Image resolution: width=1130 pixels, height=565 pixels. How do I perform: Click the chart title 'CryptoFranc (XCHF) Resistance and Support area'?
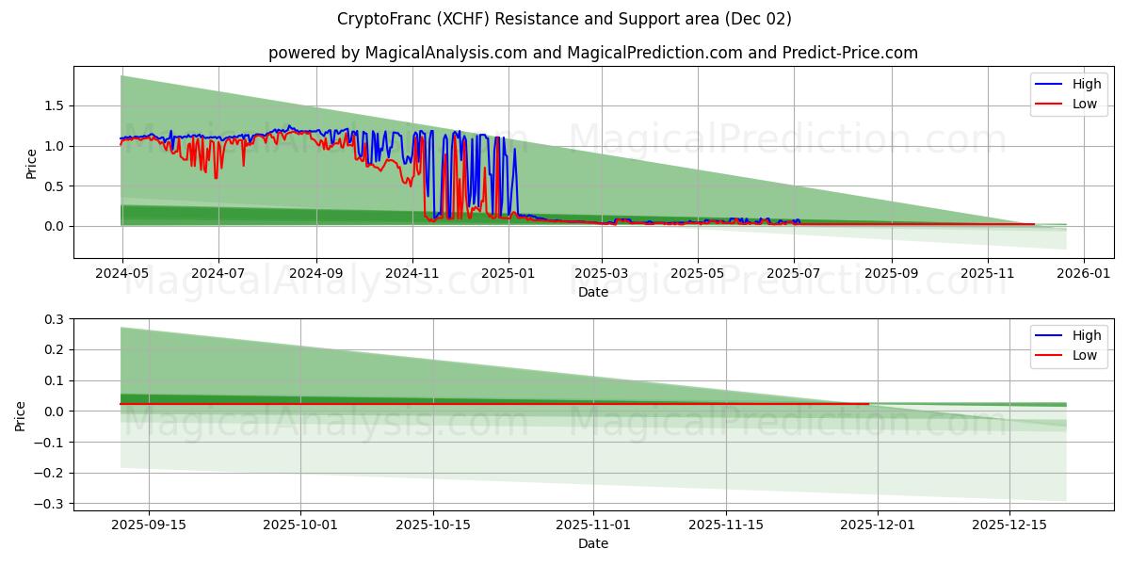click(x=564, y=19)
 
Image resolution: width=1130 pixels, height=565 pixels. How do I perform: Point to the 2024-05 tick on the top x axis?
click(x=122, y=273)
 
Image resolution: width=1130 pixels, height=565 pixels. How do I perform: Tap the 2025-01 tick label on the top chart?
click(x=508, y=273)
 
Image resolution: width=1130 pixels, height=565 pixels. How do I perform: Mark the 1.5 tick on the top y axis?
click(x=53, y=105)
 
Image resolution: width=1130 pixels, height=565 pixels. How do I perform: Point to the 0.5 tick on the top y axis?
click(x=53, y=186)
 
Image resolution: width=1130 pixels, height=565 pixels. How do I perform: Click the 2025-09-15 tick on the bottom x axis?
click(x=149, y=525)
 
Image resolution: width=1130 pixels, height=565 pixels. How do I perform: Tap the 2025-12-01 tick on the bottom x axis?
click(x=878, y=525)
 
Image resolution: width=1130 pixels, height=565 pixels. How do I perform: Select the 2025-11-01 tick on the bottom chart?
click(x=593, y=525)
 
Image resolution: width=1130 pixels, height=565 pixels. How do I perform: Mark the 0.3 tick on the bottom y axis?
click(x=53, y=319)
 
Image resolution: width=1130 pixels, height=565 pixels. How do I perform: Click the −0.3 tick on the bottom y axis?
click(x=49, y=504)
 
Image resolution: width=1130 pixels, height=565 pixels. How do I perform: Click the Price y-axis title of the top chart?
click(x=31, y=163)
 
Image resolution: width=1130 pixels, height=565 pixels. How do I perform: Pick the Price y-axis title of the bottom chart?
click(x=21, y=415)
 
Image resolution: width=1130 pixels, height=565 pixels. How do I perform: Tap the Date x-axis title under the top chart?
click(x=593, y=292)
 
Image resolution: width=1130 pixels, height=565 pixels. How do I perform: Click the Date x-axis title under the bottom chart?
click(x=593, y=543)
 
